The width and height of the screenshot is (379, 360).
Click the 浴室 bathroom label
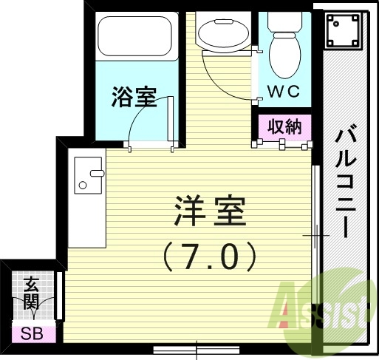click(x=134, y=97)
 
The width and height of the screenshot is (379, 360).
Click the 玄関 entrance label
click(x=31, y=293)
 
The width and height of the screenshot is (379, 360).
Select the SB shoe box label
click(x=31, y=333)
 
